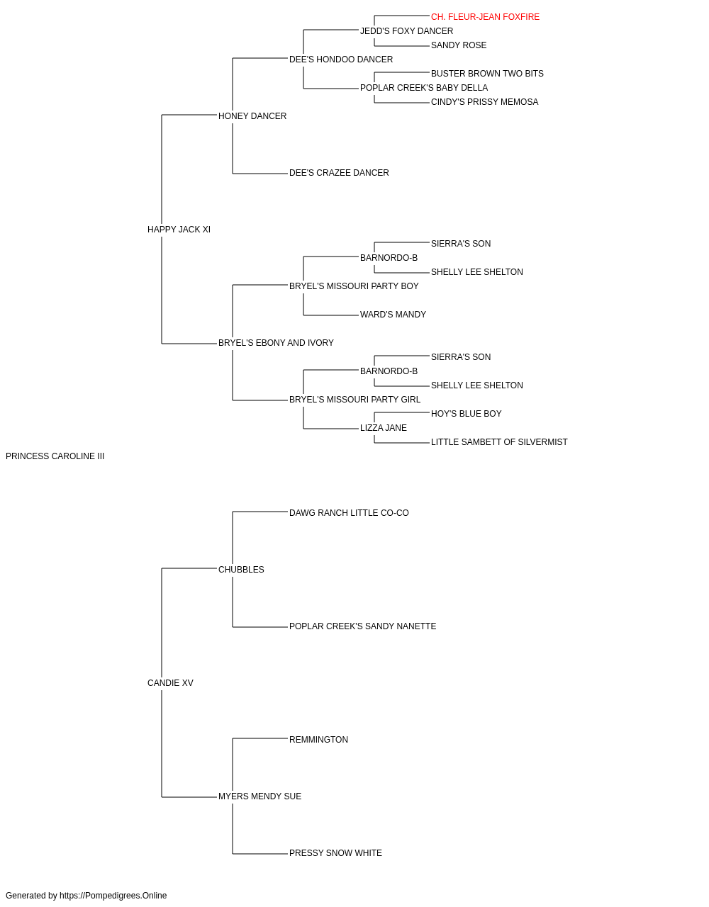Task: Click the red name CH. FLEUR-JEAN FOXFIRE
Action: (485, 17)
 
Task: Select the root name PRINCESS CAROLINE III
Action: (55, 456)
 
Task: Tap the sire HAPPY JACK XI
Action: (179, 230)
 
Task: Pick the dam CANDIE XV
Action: (170, 683)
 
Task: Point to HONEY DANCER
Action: (252, 116)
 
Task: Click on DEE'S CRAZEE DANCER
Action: (339, 173)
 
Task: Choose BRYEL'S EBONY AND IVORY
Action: (276, 343)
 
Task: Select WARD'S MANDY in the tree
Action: (393, 315)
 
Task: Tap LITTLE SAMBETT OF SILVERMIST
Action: (499, 442)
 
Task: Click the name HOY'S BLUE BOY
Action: (466, 414)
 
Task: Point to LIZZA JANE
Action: (383, 428)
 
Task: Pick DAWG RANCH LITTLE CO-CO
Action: (349, 513)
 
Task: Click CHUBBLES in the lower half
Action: (241, 570)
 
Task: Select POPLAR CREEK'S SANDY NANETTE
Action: (362, 626)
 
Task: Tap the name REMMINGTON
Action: (318, 740)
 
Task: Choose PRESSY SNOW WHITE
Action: (335, 853)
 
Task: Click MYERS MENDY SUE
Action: (259, 796)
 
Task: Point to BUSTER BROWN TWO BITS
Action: (487, 74)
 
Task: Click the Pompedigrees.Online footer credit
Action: (86, 896)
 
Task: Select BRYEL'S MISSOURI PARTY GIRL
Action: (354, 400)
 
